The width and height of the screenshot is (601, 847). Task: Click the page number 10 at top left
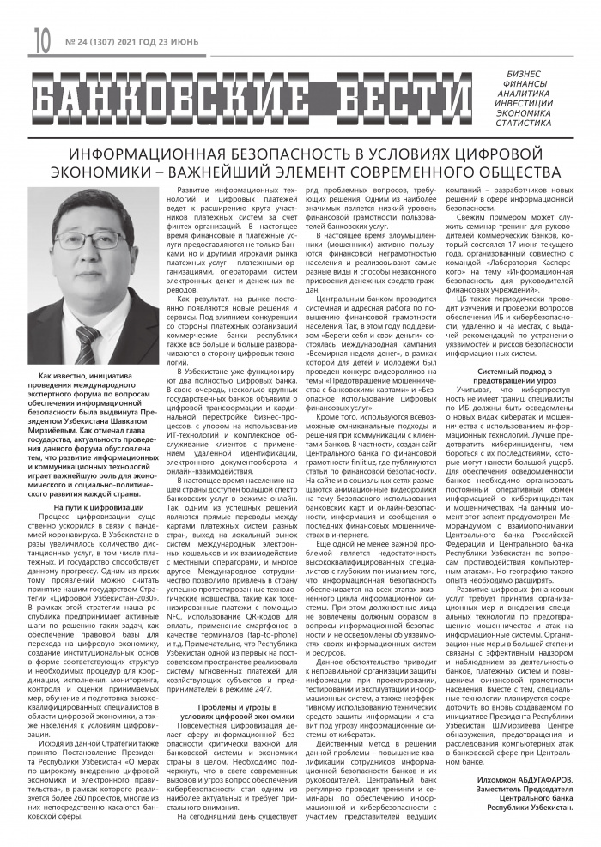click(41, 38)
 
